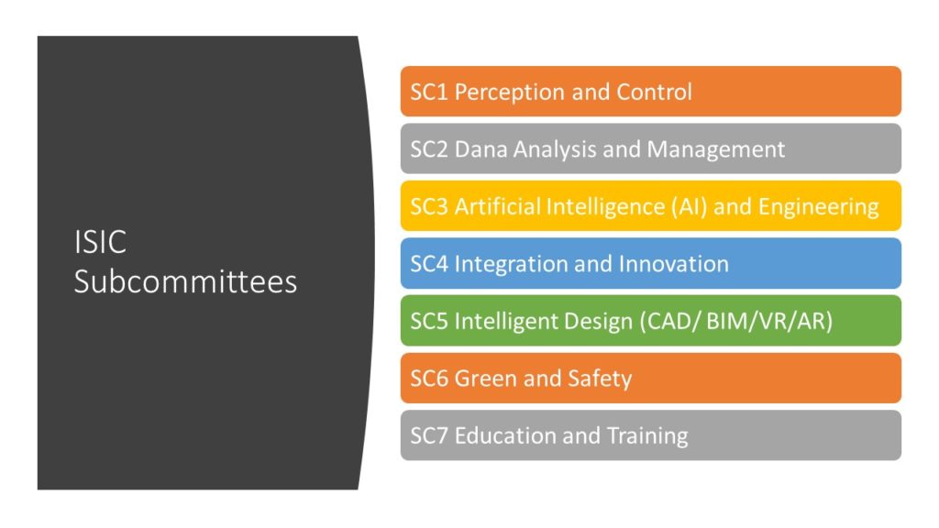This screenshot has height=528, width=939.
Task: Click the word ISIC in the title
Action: click(100, 242)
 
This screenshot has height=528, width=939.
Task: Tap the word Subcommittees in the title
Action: click(185, 281)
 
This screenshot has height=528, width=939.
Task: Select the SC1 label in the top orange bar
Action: click(429, 93)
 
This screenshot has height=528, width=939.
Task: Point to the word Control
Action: click(654, 93)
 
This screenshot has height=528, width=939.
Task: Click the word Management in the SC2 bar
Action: click(715, 150)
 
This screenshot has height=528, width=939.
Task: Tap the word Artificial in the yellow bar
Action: click(497, 206)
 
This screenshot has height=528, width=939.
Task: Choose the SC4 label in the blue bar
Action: click(429, 264)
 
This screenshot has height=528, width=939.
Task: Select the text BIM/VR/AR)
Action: click(769, 322)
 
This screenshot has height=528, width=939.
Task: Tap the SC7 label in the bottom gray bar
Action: click(429, 435)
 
